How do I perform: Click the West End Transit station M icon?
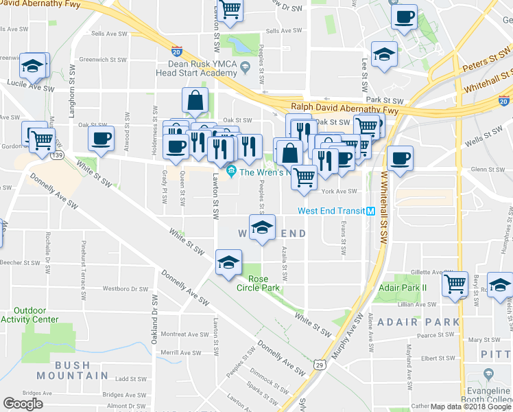(x=370, y=211)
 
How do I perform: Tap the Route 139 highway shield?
(x=56, y=156)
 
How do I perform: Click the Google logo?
(x=23, y=404)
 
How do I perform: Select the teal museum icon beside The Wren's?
(x=231, y=170)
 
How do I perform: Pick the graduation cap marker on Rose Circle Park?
(x=229, y=261)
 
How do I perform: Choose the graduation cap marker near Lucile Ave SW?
(x=33, y=67)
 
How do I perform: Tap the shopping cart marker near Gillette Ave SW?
(x=455, y=284)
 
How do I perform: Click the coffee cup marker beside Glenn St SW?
(x=401, y=159)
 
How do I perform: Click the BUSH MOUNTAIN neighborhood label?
(x=73, y=370)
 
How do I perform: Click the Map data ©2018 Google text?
(x=470, y=407)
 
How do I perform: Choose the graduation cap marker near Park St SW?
(x=384, y=54)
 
